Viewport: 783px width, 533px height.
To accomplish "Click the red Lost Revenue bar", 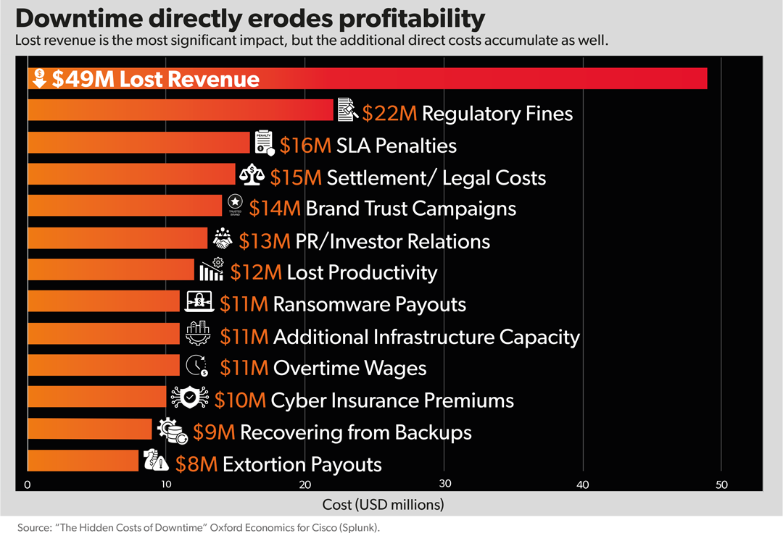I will pos(435,78).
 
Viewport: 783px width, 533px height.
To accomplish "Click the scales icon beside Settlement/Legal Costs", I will pos(252,176).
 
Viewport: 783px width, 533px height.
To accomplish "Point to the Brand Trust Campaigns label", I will pos(410,209).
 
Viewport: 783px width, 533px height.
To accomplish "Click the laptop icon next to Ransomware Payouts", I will pos(199,301).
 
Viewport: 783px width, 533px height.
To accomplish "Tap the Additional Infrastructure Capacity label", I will pos(426,337).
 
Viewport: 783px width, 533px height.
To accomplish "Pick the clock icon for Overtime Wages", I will pos(196,366).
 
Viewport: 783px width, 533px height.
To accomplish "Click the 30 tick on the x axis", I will pos(444,484).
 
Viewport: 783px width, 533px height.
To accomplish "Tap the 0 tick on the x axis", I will pos(28,484).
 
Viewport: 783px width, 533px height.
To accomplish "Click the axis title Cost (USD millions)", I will pos(383,503).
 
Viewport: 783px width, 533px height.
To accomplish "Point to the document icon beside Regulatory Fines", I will pos(347,110).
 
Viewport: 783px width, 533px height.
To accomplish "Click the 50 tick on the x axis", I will pos(721,484).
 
